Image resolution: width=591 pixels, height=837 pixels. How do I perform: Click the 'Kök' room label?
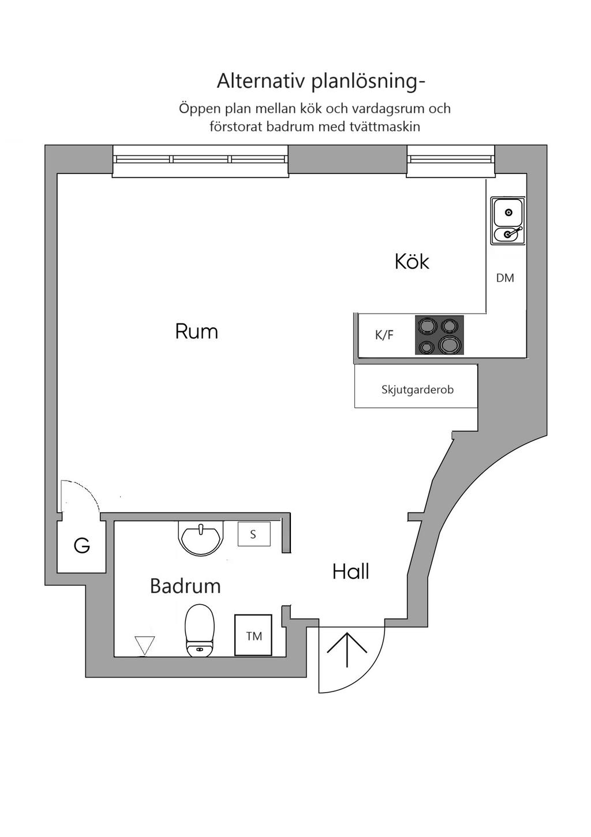click(x=412, y=262)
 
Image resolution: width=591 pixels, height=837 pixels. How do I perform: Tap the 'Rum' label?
click(x=196, y=332)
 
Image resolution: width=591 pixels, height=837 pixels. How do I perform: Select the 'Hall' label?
click(x=350, y=572)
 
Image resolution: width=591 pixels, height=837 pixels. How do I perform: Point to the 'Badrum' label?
click(x=185, y=586)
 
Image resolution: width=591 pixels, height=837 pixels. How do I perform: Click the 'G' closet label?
click(x=82, y=545)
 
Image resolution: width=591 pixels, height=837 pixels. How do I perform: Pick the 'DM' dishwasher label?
click(x=505, y=278)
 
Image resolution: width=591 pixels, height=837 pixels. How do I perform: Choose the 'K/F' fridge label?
click(x=384, y=335)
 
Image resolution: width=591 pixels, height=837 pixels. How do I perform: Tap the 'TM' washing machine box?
click(x=253, y=635)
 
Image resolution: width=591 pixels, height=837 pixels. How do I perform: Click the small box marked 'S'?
click(x=253, y=534)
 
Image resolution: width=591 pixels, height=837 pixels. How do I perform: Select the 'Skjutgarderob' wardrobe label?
click(x=417, y=389)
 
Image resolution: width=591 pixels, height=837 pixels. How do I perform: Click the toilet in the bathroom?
click(x=199, y=631)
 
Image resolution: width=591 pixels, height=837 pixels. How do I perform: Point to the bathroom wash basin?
click(x=200, y=538)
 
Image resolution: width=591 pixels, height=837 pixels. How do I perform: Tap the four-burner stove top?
click(x=439, y=335)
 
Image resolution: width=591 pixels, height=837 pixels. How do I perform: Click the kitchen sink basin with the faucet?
click(x=508, y=234)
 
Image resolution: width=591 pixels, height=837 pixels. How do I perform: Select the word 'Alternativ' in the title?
click(x=261, y=81)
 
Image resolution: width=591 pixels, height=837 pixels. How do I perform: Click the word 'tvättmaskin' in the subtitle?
click(x=384, y=127)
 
